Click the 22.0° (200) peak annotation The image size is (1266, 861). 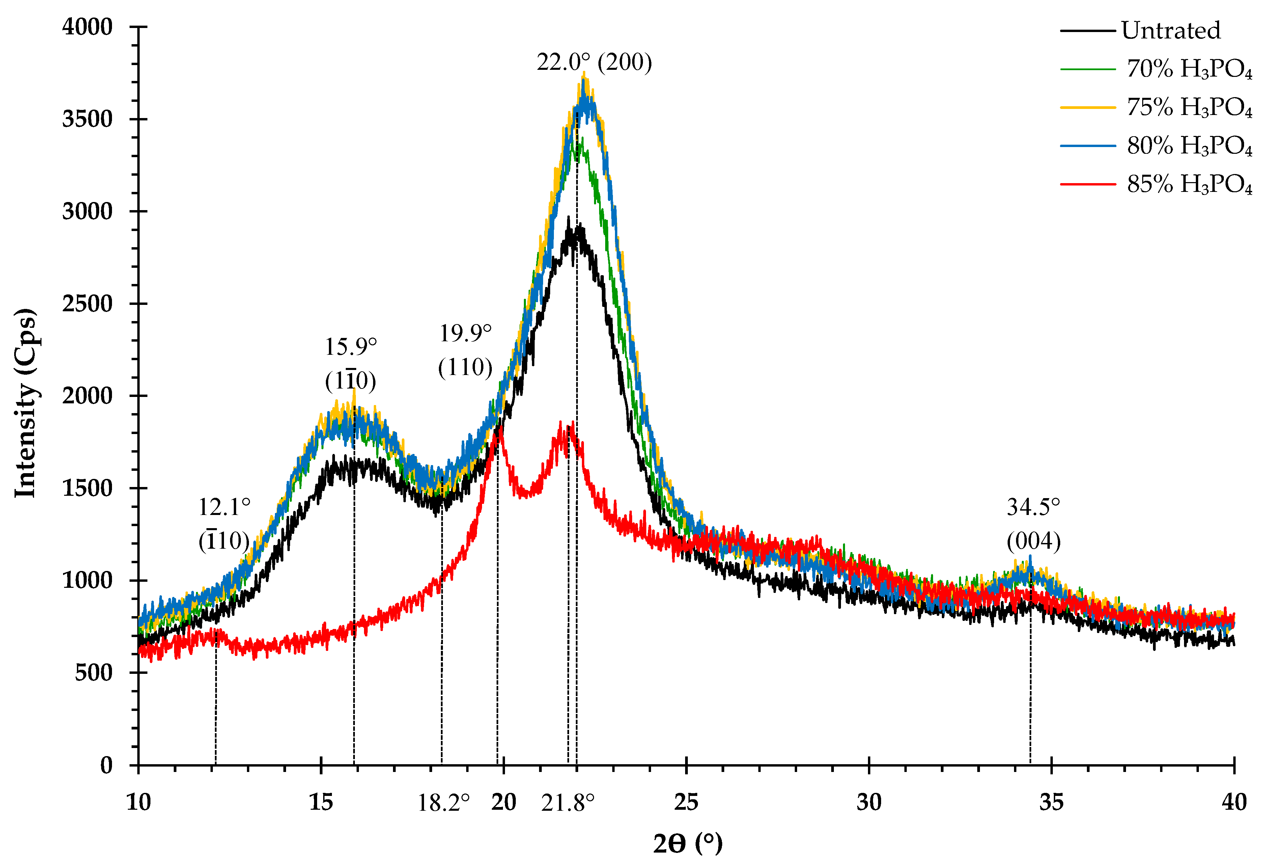click(x=594, y=63)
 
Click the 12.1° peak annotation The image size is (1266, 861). click(x=224, y=508)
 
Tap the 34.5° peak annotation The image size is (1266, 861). click(x=1033, y=508)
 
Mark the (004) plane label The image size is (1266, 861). click(x=1033, y=541)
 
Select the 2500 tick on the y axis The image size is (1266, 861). click(x=87, y=304)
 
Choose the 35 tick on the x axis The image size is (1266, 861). click(x=1051, y=802)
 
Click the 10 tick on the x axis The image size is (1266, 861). click(x=138, y=802)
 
